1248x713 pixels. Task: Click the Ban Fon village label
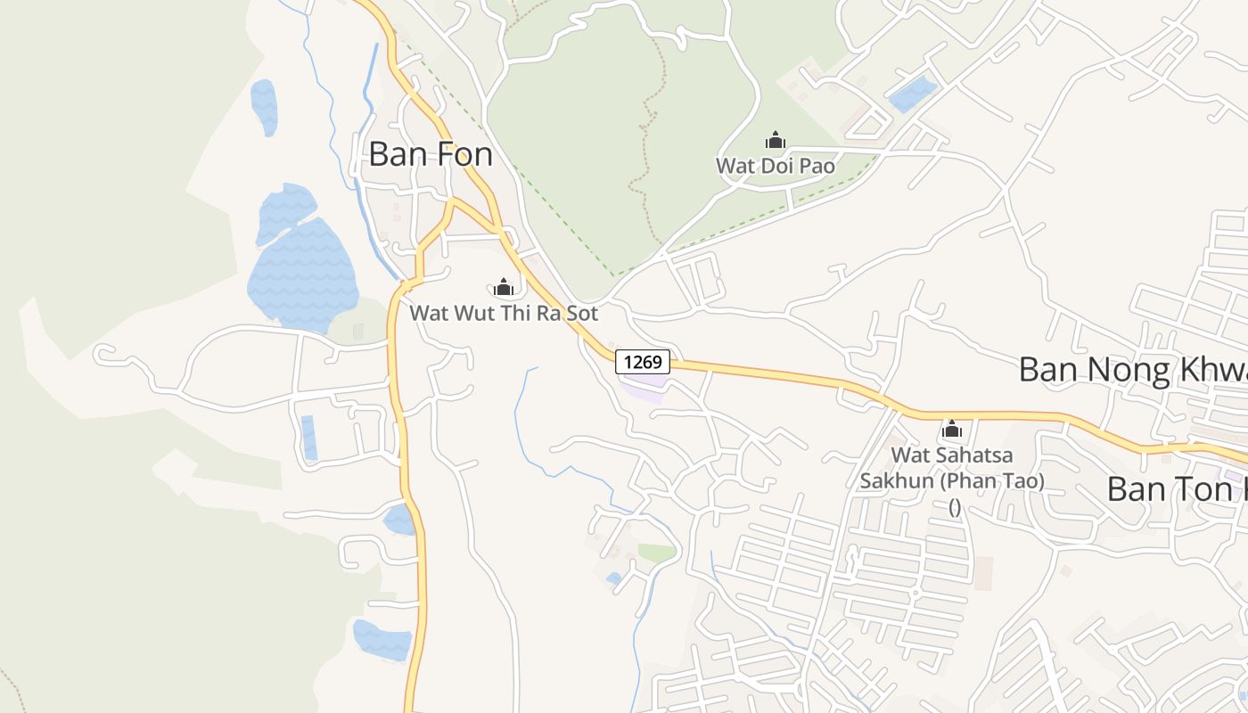coord(431,154)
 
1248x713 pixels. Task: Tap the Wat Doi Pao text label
coord(776,166)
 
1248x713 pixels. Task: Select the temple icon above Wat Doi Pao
coord(775,140)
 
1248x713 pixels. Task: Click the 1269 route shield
coord(642,362)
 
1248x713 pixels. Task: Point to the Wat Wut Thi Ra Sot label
coord(504,314)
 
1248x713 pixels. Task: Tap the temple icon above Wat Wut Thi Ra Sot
coord(504,287)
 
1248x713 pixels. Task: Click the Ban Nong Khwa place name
coord(1132,369)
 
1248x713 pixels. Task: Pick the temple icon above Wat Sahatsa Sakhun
coord(952,430)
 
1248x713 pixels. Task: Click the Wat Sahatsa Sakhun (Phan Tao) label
coord(952,468)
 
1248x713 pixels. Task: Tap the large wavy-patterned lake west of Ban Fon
coord(303,267)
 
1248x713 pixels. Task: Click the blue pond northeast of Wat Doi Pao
coord(913,94)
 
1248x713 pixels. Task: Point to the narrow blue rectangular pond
coord(308,438)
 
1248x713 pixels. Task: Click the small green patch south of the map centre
coord(657,553)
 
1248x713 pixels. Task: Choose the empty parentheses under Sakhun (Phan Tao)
coord(954,507)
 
